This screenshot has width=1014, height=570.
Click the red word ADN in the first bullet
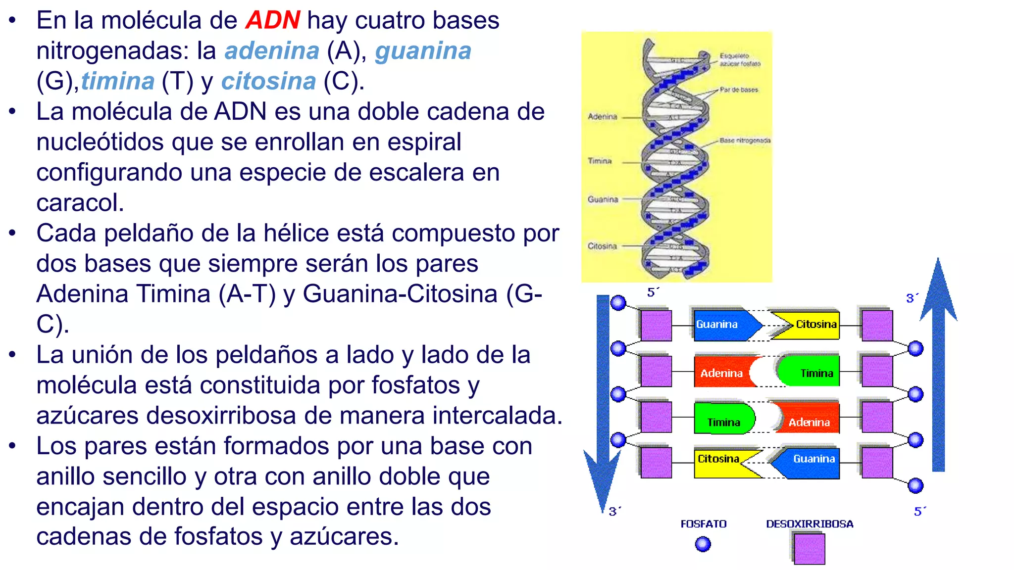point(272,21)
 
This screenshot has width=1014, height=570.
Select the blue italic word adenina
point(272,51)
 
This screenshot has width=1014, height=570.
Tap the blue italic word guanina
point(423,51)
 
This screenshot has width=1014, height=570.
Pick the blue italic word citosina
point(268,82)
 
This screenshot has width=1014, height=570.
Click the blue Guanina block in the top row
point(722,325)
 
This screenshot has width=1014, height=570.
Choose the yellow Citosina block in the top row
point(812,325)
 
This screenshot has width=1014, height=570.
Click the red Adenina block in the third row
point(809,422)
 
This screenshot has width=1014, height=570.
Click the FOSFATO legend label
point(703,524)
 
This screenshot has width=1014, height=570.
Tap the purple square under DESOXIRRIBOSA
point(810,549)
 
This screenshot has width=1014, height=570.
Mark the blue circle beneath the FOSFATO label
point(703,544)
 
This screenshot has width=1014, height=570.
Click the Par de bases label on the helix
point(739,90)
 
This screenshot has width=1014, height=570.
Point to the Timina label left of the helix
point(600,161)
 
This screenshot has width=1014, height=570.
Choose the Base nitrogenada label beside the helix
point(745,141)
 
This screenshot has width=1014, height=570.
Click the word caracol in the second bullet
point(79,203)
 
